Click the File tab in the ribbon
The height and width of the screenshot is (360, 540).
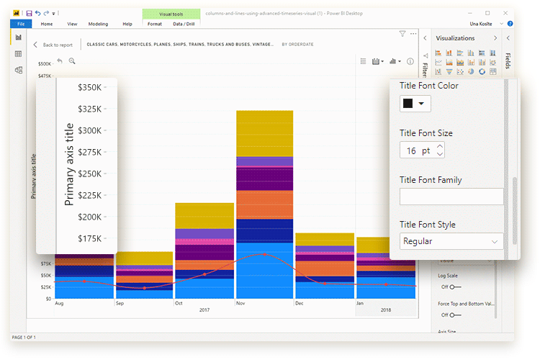tap(20, 24)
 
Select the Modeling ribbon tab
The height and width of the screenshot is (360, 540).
tap(98, 24)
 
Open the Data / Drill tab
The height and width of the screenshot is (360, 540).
tap(184, 24)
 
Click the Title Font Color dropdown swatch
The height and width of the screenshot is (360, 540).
tap(413, 103)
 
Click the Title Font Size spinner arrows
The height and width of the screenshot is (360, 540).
tap(440, 150)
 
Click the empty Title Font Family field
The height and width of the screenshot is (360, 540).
tap(451, 197)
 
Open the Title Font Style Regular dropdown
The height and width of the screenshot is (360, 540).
tap(451, 241)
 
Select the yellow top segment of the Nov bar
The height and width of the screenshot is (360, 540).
tap(264, 133)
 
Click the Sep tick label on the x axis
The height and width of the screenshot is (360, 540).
tap(120, 303)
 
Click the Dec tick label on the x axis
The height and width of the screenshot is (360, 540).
tap(300, 303)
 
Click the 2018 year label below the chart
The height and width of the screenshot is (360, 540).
tap(385, 310)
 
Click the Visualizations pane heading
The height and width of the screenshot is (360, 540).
tap(455, 37)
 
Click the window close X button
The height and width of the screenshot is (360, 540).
tap(504, 13)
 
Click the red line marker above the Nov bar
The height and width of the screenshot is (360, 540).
tap(265, 255)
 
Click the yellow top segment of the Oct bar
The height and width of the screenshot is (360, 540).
tap(204, 215)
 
